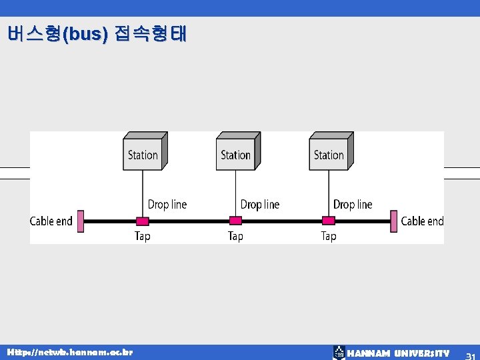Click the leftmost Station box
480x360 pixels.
143,152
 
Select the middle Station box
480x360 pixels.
237,152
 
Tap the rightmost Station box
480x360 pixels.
330,152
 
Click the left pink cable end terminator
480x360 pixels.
80,221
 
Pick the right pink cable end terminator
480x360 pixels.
394,221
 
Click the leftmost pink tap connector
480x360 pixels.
142,221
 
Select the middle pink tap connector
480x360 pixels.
235,221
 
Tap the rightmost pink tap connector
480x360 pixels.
329,221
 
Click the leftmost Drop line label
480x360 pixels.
167,204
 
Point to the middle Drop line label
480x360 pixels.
260,204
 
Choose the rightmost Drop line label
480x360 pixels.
353,204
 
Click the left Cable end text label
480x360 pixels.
51,221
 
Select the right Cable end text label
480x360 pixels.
422,221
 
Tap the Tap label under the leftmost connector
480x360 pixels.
143,236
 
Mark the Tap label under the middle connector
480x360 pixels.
235,236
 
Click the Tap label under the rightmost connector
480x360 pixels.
329,236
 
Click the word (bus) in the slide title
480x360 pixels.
85,34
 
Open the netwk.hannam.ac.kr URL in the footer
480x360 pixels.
70,351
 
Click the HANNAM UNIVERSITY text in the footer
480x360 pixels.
399,353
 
